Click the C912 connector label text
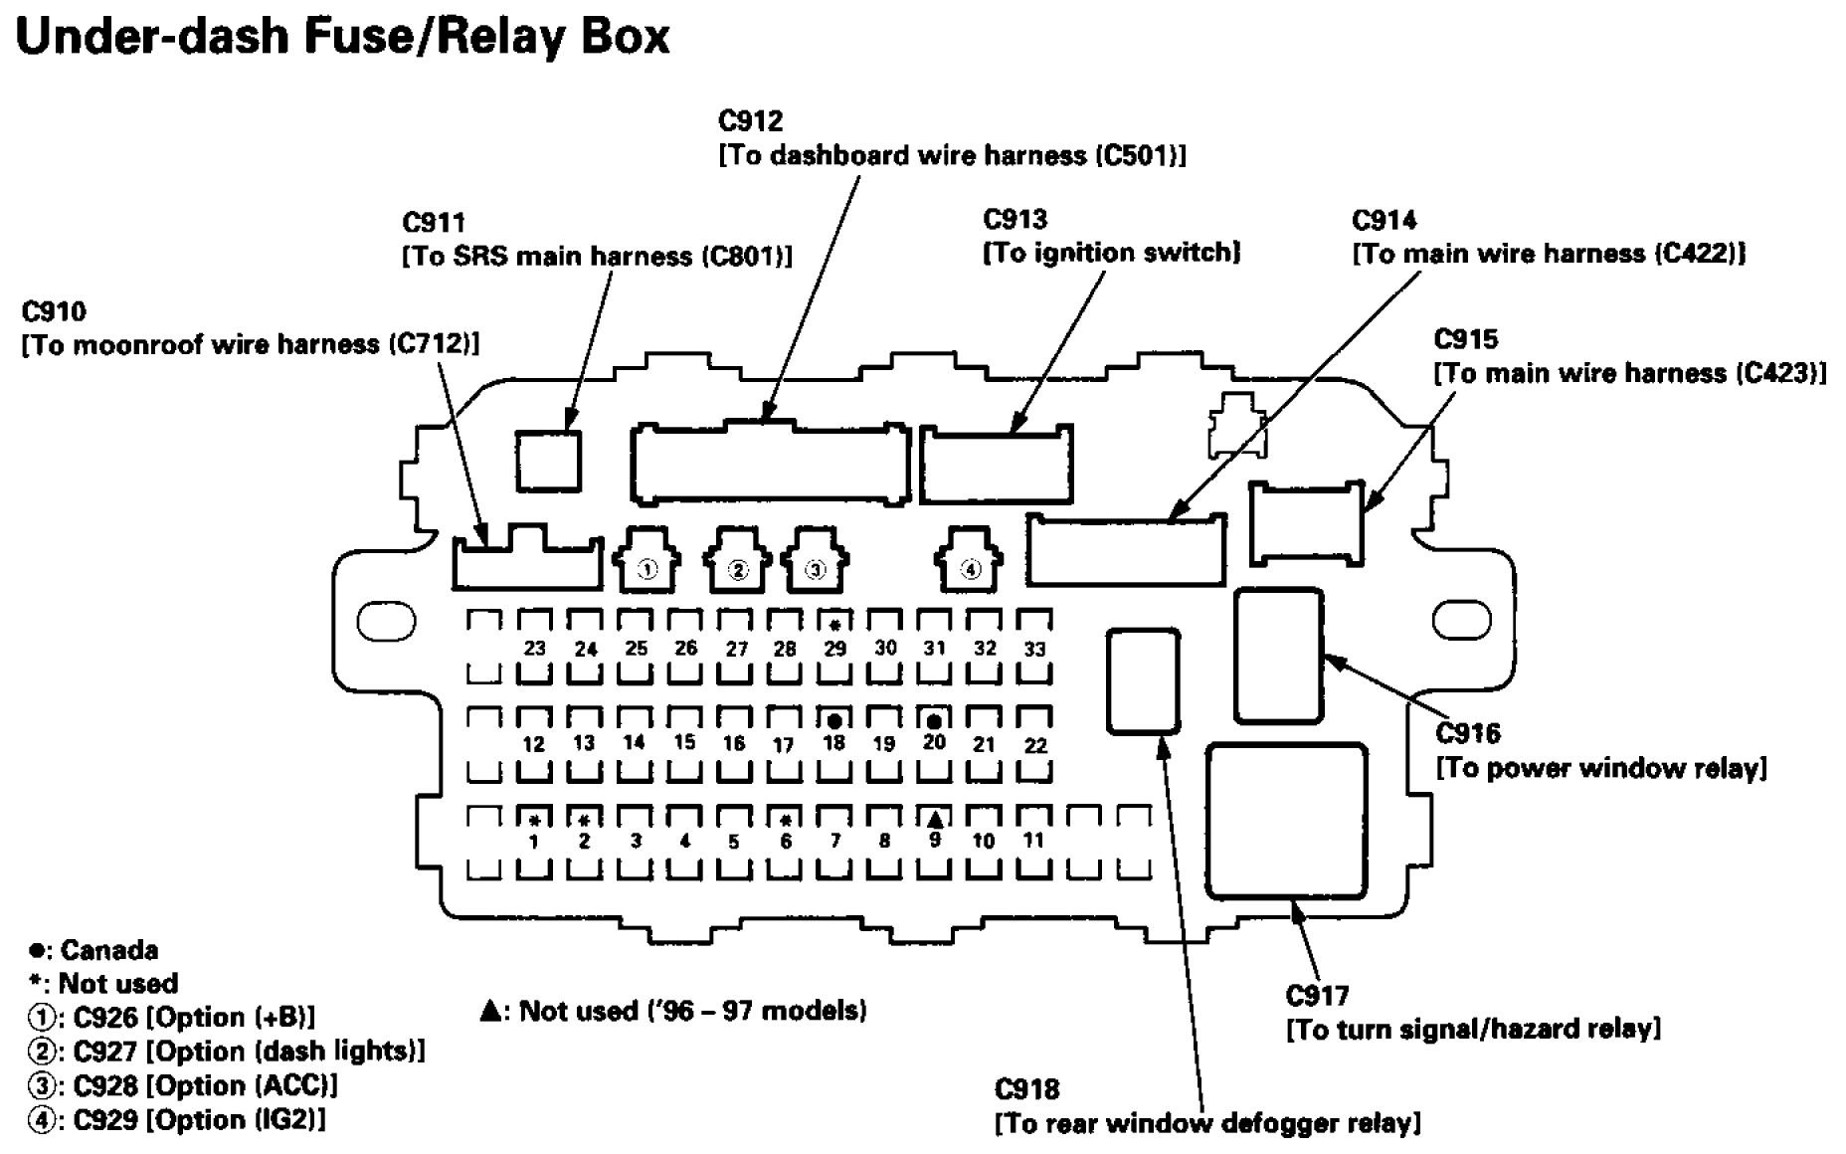click(x=751, y=121)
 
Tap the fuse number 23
click(x=535, y=648)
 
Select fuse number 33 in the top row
click(x=1034, y=649)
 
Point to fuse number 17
click(x=784, y=744)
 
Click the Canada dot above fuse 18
click(x=834, y=720)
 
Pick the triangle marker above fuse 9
click(x=935, y=820)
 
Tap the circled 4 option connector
click(x=970, y=570)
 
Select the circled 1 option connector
click(x=647, y=570)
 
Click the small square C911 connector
click(x=548, y=461)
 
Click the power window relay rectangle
click(x=1279, y=656)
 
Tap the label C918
click(x=1026, y=1089)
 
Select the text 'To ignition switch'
click(x=1111, y=253)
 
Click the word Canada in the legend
click(x=109, y=950)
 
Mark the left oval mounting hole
click(x=386, y=621)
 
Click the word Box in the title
click(x=627, y=37)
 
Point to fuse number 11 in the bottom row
click(x=1034, y=840)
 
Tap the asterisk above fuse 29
click(x=835, y=625)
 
